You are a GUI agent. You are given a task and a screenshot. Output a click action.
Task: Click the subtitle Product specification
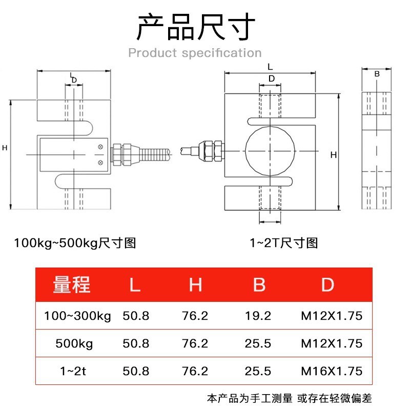(195, 53)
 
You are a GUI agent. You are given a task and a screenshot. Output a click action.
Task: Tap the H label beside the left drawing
(5, 148)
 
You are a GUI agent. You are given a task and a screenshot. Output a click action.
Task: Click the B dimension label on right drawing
(377, 74)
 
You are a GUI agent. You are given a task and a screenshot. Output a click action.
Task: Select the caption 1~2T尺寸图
(283, 242)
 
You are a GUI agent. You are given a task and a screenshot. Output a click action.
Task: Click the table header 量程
(72, 284)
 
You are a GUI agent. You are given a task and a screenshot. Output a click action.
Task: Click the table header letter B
(259, 284)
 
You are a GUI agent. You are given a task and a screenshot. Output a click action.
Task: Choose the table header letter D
(327, 284)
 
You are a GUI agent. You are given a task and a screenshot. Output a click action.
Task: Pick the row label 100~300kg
(78, 316)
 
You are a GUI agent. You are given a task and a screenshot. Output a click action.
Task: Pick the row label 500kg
(75, 343)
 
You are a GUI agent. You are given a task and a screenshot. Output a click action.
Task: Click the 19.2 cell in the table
(259, 316)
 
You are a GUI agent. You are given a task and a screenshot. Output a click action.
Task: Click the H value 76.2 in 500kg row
(195, 343)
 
